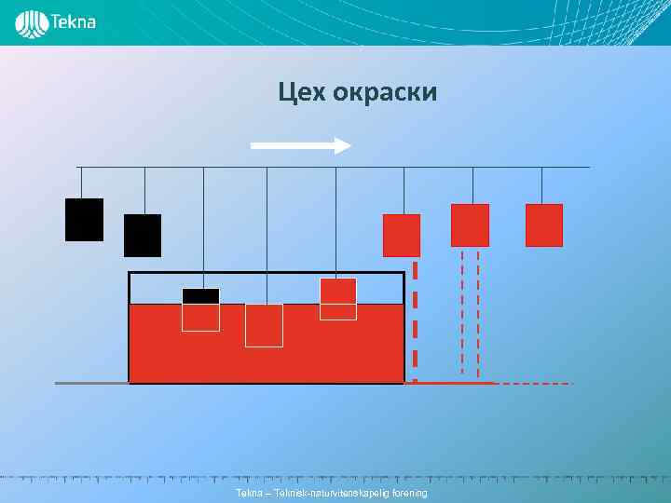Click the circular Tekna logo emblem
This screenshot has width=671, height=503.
(x=33, y=23)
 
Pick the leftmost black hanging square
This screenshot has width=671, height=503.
(x=84, y=220)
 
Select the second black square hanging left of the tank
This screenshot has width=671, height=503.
(x=143, y=236)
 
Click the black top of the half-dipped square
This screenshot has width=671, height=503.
(x=200, y=296)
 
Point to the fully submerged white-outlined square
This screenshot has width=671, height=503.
(x=264, y=325)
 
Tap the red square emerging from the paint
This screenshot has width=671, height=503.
(x=337, y=292)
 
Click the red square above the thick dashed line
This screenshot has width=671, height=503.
(x=402, y=236)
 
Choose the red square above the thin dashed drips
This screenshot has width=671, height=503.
(x=470, y=225)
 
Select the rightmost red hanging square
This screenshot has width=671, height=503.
(x=544, y=225)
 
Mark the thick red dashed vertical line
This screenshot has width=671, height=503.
(x=415, y=317)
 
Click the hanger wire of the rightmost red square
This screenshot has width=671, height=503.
(x=542, y=185)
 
